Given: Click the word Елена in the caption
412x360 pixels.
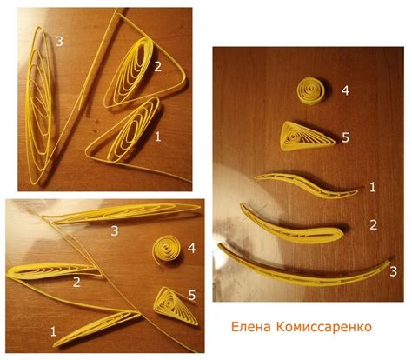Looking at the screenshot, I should [x=253, y=328].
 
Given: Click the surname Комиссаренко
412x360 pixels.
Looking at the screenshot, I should [x=326, y=328].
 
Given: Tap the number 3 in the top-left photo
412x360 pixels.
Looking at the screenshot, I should [x=59, y=41].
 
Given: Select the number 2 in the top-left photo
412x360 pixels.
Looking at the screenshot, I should [x=157, y=66].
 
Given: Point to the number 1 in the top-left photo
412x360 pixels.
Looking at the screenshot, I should [x=157, y=137].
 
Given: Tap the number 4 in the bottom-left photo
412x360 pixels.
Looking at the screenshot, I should [x=190, y=247].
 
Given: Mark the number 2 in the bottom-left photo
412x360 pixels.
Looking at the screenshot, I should [x=76, y=281].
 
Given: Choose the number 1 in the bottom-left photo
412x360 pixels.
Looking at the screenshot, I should [x=54, y=330].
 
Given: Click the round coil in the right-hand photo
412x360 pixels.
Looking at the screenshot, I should [x=309, y=90].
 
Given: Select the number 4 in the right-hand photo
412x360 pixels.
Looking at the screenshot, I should [x=344, y=90].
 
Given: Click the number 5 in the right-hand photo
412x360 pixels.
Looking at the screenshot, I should [x=345, y=137].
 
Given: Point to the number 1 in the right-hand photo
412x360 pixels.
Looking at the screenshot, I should [x=372, y=187].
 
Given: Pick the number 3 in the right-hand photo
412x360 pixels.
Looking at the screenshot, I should [x=393, y=271].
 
